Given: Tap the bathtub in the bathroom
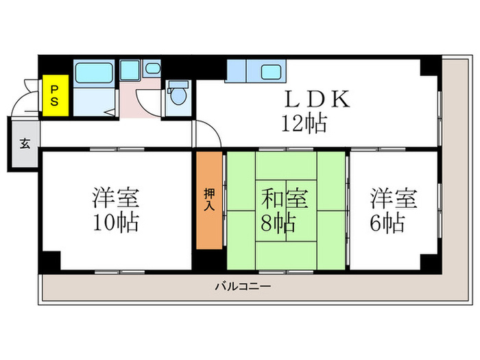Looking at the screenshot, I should [x=95, y=72].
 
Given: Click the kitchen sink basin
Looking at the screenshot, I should [x=274, y=71].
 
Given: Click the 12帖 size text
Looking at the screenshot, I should [x=302, y=124].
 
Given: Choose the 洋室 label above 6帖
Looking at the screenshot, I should [x=394, y=199].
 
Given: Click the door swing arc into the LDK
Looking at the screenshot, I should [x=208, y=132].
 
